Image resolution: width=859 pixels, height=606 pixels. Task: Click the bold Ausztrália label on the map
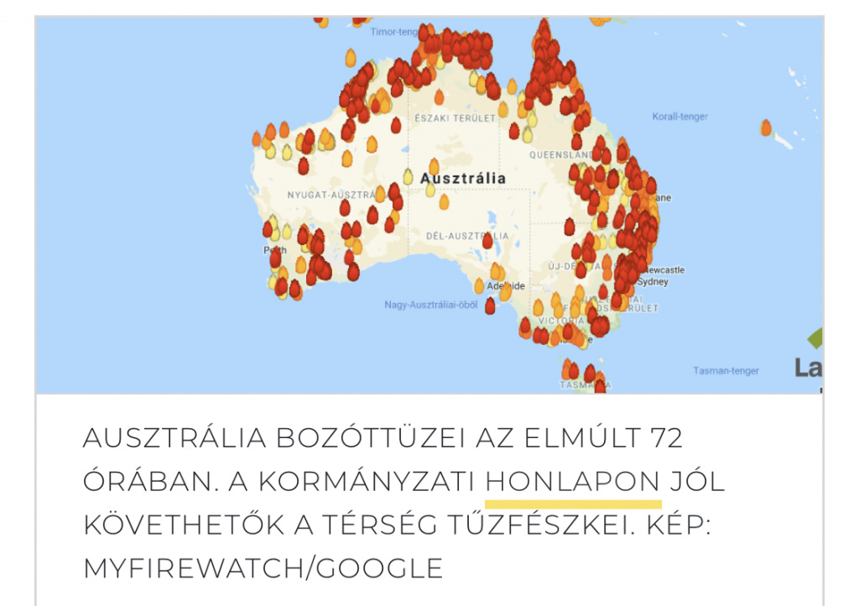point(463,179)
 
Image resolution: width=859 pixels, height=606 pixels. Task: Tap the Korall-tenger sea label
point(679,117)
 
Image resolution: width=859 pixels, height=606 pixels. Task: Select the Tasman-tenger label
point(726,370)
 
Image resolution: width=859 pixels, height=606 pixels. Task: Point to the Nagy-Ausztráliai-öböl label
point(431,305)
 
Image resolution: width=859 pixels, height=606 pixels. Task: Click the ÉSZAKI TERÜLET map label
point(455,119)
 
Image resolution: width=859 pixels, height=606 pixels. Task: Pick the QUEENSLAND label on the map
point(560,155)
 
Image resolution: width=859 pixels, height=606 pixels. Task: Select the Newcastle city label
point(664,270)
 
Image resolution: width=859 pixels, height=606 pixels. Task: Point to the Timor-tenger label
point(393,32)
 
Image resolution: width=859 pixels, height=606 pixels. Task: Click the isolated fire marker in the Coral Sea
point(766,128)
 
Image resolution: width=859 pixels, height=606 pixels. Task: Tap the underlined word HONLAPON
point(573,483)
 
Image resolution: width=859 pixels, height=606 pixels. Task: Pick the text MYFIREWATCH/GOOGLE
point(263,568)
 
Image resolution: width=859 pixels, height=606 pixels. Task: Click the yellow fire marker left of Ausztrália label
point(408,176)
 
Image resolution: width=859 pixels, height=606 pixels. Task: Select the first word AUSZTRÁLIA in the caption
point(172,438)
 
